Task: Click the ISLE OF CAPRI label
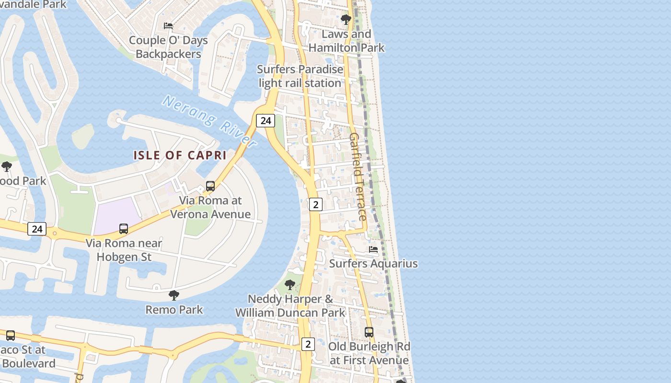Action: point(180,155)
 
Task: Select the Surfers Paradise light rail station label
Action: point(301,76)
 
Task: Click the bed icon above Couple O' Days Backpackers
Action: point(168,25)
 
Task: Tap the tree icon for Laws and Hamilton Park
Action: point(346,20)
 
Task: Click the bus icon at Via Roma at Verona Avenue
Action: point(210,186)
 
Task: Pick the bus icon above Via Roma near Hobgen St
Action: point(124,229)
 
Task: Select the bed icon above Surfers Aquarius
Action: point(373,249)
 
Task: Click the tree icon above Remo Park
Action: point(174,295)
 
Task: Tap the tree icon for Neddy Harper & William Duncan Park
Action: point(290,285)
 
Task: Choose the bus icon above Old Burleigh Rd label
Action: point(369,332)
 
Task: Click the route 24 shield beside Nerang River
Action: point(265,121)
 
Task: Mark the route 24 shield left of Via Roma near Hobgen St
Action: point(37,229)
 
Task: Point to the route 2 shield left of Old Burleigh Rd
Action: point(308,344)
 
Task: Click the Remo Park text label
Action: point(174,310)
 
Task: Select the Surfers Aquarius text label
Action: point(373,264)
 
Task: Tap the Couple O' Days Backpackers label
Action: point(168,47)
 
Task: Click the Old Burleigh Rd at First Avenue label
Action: point(369,353)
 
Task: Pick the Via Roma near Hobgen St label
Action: point(124,250)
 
